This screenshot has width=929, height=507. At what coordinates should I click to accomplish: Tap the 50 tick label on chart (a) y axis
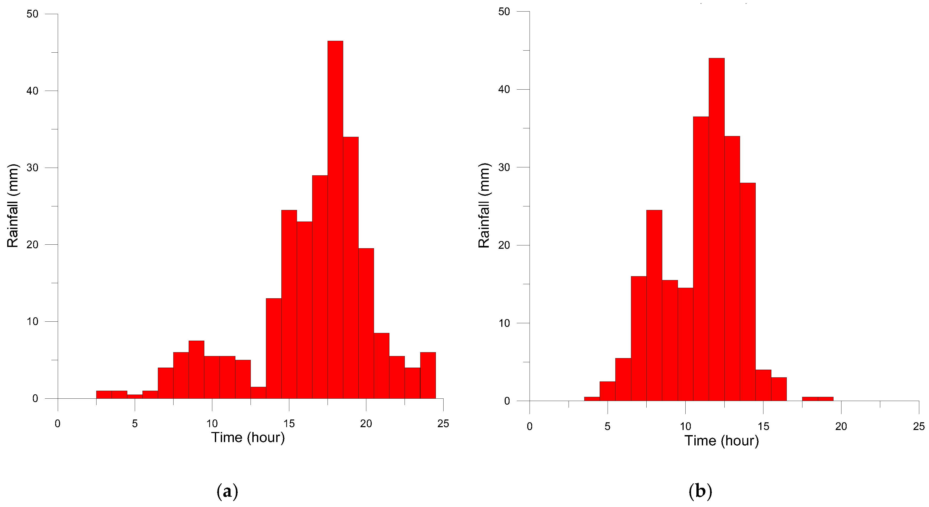point(32,14)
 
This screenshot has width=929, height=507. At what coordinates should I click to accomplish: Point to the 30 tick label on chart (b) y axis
point(504,167)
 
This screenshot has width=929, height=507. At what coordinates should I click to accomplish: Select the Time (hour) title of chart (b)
point(721,441)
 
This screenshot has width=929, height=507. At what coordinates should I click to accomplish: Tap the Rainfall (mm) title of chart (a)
point(13,206)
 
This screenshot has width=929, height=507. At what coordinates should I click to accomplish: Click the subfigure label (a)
point(227,491)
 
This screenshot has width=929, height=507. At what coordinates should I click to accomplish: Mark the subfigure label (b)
point(700,491)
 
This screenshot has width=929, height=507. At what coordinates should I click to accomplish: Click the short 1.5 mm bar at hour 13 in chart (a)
point(258,393)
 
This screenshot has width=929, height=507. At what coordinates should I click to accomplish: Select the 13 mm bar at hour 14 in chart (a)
point(273,348)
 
